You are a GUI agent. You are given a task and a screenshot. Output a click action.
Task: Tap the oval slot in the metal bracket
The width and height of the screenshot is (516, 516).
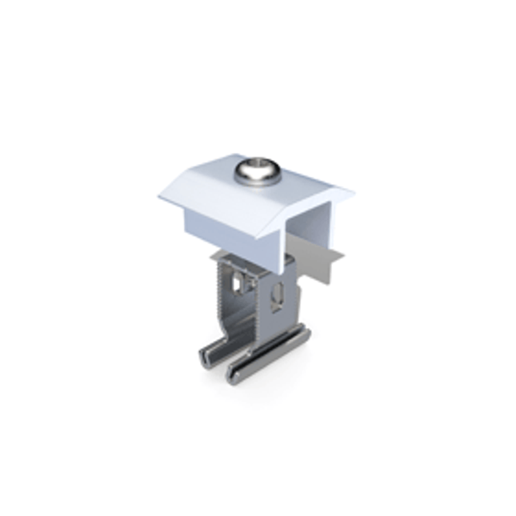(x=278, y=293)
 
